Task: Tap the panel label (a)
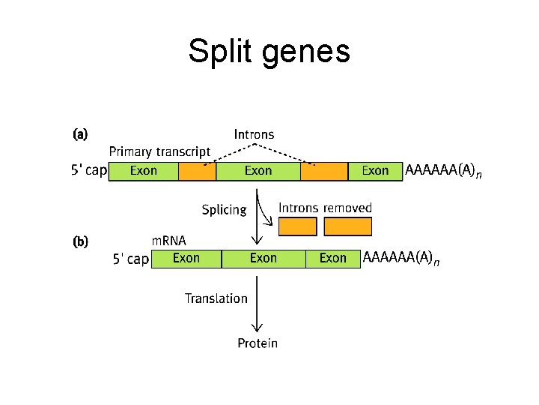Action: (x=80, y=135)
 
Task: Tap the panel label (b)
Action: (x=80, y=241)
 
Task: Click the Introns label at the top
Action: (x=254, y=135)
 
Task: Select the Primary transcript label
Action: (x=159, y=152)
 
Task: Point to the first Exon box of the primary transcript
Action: (x=144, y=171)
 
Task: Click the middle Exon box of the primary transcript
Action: (x=258, y=171)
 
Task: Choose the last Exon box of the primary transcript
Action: (x=375, y=171)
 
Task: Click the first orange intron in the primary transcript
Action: (x=197, y=171)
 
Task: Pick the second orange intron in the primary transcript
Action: (x=324, y=171)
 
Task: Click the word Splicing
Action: (x=224, y=210)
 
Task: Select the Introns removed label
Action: (x=325, y=208)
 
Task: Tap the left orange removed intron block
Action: (x=297, y=226)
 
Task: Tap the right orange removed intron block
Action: (x=348, y=226)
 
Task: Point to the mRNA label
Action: (x=169, y=241)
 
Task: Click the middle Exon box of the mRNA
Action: (x=264, y=258)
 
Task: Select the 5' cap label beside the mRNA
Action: (x=130, y=259)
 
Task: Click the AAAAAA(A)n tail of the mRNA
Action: (x=401, y=258)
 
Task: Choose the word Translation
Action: (x=216, y=298)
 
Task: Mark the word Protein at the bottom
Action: (x=258, y=343)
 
